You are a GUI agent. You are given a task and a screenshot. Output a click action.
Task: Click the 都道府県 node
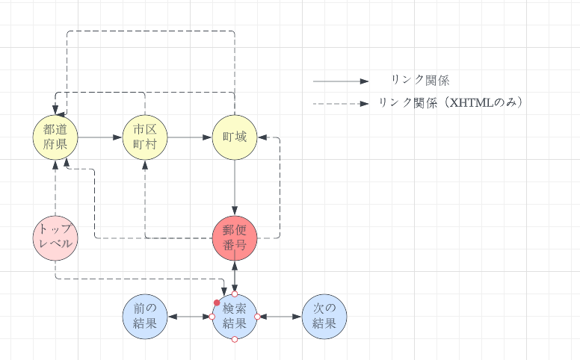click(x=55, y=137)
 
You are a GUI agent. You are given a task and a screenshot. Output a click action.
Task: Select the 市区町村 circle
click(x=145, y=137)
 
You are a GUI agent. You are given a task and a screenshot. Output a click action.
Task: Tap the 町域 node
click(x=235, y=137)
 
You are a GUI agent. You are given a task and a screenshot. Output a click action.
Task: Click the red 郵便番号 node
click(x=235, y=238)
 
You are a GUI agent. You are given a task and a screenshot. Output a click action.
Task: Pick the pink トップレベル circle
click(x=55, y=238)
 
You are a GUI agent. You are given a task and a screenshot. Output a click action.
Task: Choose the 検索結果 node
click(x=235, y=317)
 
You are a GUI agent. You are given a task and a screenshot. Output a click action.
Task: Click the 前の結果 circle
click(x=145, y=317)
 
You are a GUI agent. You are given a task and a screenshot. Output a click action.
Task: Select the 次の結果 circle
click(x=324, y=317)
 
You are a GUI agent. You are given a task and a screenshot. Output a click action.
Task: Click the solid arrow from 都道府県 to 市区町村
click(x=100, y=137)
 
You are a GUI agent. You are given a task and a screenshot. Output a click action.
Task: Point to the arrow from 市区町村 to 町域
click(x=190, y=137)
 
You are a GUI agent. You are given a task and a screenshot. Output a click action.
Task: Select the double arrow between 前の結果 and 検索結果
click(x=190, y=317)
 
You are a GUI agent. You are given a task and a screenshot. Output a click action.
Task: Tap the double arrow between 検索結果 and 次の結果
click(x=280, y=317)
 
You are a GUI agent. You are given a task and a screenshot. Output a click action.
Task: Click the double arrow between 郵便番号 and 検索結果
click(x=235, y=277)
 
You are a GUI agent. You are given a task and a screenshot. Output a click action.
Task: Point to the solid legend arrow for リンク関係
click(x=341, y=81)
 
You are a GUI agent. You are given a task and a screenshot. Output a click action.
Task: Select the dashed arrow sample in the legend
click(x=341, y=103)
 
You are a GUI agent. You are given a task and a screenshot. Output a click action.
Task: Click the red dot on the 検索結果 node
click(x=217, y=302)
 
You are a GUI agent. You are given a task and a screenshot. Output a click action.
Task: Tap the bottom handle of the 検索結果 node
click(x=235, y=340)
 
